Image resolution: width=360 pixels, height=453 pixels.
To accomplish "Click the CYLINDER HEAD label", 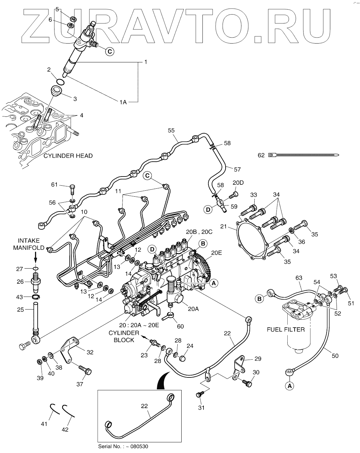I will (68, 155).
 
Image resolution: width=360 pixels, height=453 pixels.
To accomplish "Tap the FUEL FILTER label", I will (286, 329).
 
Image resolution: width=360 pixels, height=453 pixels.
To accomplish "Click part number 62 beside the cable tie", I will (261, 155).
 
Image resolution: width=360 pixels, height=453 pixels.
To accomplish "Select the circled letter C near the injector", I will (110, 51).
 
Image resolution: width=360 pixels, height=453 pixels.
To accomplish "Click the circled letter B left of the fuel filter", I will (260, 299).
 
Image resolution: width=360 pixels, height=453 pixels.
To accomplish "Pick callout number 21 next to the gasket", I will (233, 227).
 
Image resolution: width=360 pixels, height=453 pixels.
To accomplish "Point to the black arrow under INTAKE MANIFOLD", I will (35, 258).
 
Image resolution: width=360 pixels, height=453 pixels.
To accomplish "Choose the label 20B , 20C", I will (199, 232).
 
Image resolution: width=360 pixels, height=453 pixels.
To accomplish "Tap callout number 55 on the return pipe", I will (171, 130).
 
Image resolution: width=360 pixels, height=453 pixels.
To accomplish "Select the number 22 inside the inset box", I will (144, 406).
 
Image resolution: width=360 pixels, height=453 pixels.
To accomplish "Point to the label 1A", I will (123, 103).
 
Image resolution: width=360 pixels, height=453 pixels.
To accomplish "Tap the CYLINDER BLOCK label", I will (124, 336).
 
